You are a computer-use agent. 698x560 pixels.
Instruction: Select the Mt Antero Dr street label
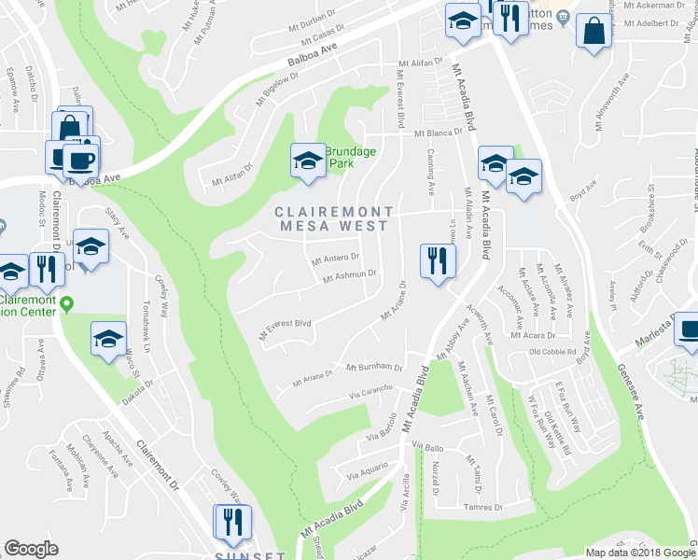point(335,259)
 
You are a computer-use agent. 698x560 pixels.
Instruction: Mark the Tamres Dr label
point(483,508)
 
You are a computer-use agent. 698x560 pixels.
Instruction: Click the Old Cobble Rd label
point(554,353)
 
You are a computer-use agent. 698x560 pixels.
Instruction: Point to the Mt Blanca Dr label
point(432,133)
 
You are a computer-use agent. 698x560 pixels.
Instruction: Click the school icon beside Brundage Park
point(306,161)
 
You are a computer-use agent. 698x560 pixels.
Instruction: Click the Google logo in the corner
point(31,549)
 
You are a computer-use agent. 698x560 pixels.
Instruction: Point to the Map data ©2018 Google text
point(640,553)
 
